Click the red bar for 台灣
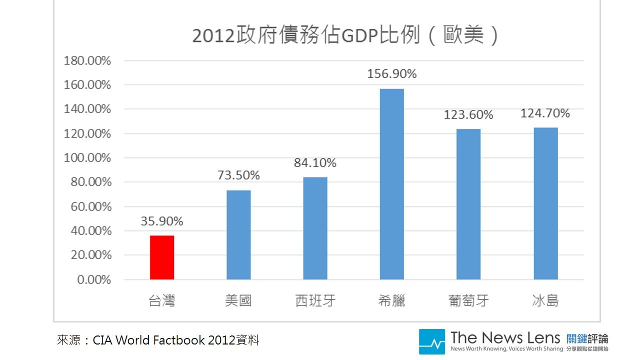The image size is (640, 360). [x=162, y=257]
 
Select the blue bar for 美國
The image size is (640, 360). [x=238, y=235]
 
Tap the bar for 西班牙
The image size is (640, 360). [x=315, y=228]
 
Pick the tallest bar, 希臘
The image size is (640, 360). [x=392, y=184]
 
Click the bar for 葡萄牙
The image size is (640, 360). [x=468, y=204]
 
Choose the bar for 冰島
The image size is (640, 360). [x=545, y=203]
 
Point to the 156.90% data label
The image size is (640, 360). [x=392, y=74]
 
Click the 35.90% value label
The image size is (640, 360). [x=162, y=221]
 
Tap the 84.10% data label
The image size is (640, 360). [x=315, y=163]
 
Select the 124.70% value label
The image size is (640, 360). [x=545, y=113]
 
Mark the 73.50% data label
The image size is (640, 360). [x=238, y=175]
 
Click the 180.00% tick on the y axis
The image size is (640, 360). [x=87, y=61]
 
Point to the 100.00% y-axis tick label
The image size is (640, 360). [x=87, y=158]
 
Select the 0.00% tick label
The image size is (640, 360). [x=94, y=279]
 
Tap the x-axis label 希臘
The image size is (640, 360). [x=392, y=301]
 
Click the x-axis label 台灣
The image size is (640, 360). [x=162, y=301]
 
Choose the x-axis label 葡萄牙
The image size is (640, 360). [x=468, y=301]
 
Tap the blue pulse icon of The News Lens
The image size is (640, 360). [x=431, y=341]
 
